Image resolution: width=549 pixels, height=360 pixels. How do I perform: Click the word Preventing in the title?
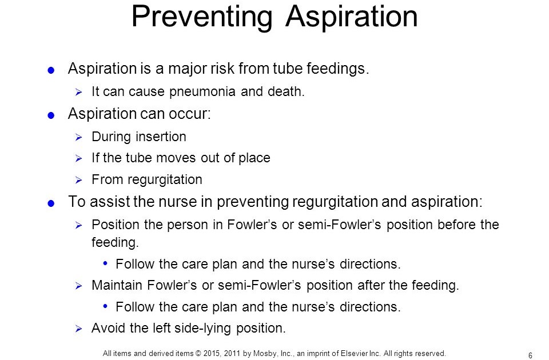[x=202, y=17]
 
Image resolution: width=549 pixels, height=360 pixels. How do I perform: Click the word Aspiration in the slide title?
[x=352, y=17]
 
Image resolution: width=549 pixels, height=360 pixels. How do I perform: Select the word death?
[x=286, y=91]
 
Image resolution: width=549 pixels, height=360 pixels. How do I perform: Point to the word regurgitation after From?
[x=165, y=180]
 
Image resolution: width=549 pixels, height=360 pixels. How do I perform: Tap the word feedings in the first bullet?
[x=338, y=69]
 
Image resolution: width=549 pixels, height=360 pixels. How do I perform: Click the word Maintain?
[x=117, y=285]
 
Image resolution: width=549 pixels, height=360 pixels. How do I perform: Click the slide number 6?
[x=530, y=355]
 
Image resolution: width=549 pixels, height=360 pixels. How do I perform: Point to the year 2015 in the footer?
[x=211, y=353]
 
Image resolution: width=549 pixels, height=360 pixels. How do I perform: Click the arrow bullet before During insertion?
[x=78, y=137]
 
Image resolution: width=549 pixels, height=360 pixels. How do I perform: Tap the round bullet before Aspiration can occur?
[x=51, y=115]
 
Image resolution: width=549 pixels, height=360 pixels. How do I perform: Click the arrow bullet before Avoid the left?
[x=78, y=329]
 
